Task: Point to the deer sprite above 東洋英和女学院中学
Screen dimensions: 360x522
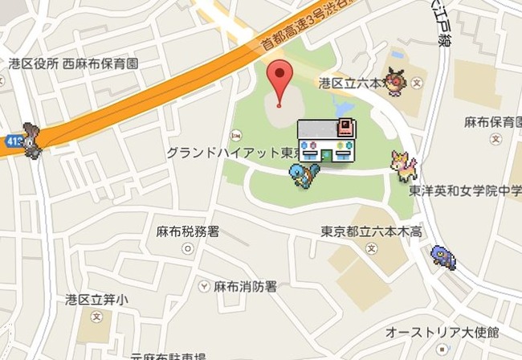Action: [x=402, y=166]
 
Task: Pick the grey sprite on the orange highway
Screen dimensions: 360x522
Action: [x=33, y=140]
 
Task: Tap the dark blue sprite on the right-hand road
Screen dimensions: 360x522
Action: [x=440, y=256]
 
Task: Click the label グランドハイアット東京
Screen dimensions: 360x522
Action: [x=229, y=152]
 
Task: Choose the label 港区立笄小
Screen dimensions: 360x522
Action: [x=96, y=300]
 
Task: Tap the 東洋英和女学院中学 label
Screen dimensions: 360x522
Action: [x=466, y=191]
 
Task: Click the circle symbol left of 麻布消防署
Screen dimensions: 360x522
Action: [x=202, y=286]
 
